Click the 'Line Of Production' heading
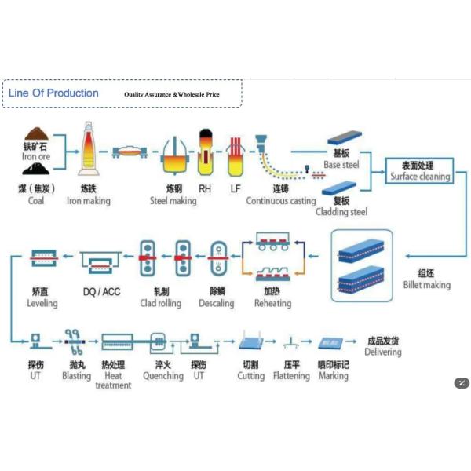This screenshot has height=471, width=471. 53,93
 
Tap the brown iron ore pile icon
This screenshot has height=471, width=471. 36,135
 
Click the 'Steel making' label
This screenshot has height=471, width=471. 173,201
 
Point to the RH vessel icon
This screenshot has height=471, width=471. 205,149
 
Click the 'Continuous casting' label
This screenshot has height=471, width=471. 281,201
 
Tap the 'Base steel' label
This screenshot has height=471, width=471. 341,165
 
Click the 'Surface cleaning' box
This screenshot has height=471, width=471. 421,171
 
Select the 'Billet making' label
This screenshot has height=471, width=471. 427,285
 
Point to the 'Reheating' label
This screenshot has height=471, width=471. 272,303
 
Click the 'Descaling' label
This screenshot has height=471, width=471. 216,303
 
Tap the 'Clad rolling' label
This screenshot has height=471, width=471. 160,303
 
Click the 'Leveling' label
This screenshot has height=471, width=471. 42,303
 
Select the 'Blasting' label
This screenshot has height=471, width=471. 76,376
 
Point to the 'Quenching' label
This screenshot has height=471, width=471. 162,376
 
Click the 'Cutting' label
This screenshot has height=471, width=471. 251,376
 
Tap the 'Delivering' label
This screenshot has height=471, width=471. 383,352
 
